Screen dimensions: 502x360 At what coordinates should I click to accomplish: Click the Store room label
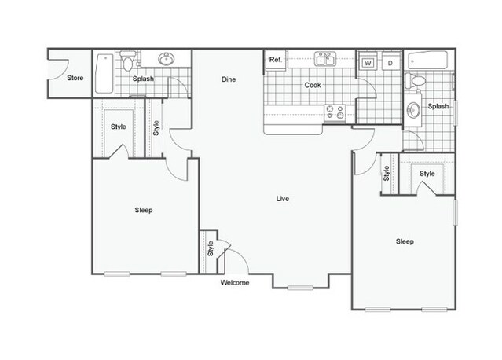tap(75, 78)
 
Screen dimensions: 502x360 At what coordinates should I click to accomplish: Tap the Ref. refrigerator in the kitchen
tap(275, 60)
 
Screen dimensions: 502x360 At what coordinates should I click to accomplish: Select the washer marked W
tap(368, 63)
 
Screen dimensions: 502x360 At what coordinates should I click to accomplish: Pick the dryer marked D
tap(390, 63)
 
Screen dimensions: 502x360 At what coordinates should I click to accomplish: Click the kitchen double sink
tap(325, 59)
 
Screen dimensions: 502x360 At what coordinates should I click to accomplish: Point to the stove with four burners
tap(335, 112)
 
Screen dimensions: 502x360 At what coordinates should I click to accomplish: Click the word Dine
tap(229, 79)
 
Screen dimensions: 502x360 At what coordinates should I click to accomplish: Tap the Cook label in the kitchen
tap(313, 85)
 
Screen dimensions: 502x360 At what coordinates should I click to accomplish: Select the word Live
tap(283, 199)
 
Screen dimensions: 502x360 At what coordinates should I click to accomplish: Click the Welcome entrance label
tap(235, 282)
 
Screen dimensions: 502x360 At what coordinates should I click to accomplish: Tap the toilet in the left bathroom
tap(128, 61)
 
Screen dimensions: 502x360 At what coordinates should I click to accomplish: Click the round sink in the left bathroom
tap(167, 59)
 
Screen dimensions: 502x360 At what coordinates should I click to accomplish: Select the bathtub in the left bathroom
tap(104, 74)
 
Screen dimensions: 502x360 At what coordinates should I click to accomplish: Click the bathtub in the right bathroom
tap(427, 60)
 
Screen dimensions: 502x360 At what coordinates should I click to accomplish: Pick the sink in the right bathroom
tap(413, 110)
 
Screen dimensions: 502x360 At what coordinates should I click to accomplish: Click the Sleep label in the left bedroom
tap(144, 210)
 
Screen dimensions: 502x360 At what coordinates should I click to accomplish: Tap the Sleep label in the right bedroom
tap(405, 241)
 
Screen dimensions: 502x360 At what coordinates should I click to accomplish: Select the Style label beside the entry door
tap(211, 248)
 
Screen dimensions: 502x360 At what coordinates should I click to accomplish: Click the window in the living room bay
tap(300, 288)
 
